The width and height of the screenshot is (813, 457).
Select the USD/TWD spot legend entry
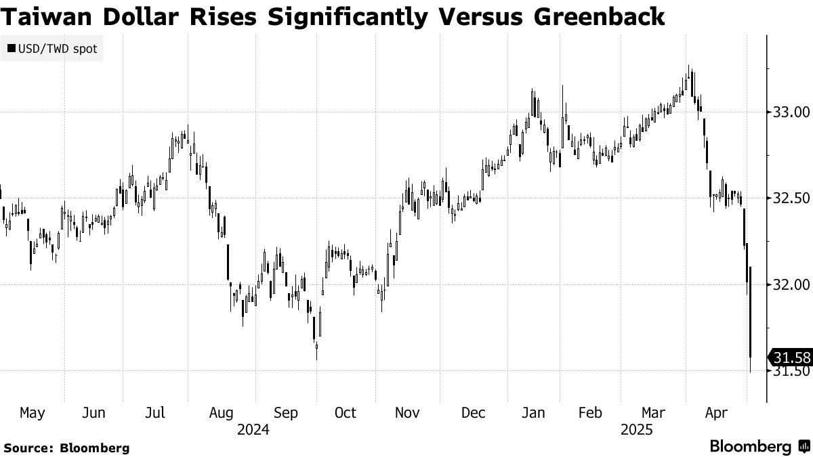point(52,49)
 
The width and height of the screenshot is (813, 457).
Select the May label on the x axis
point(32,412)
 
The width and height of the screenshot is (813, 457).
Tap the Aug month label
point(222,412)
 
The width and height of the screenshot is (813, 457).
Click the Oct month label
point(346,412)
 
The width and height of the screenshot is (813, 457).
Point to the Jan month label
point(534,412)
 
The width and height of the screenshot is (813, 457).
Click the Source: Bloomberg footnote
point(66,448)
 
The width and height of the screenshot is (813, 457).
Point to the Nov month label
point(408,412)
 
